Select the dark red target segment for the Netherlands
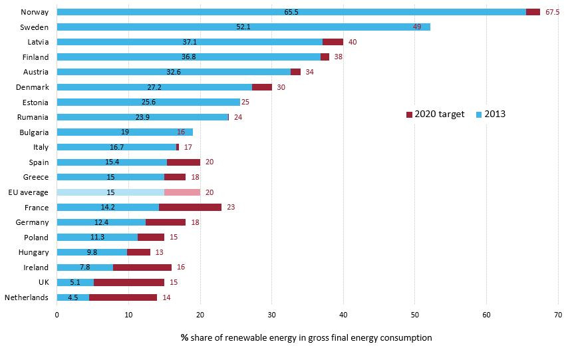coord(123,297)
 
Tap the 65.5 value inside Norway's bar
coord(291,12)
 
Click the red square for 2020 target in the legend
coord(409,114)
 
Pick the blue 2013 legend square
coord(479,114)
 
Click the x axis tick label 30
coord(271,315)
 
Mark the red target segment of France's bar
coord(190,207)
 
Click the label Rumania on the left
coord(33,117)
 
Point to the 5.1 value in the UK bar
coord(75,282)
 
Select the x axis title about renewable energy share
coord(306,338)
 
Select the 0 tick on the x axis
coord(57,315)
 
